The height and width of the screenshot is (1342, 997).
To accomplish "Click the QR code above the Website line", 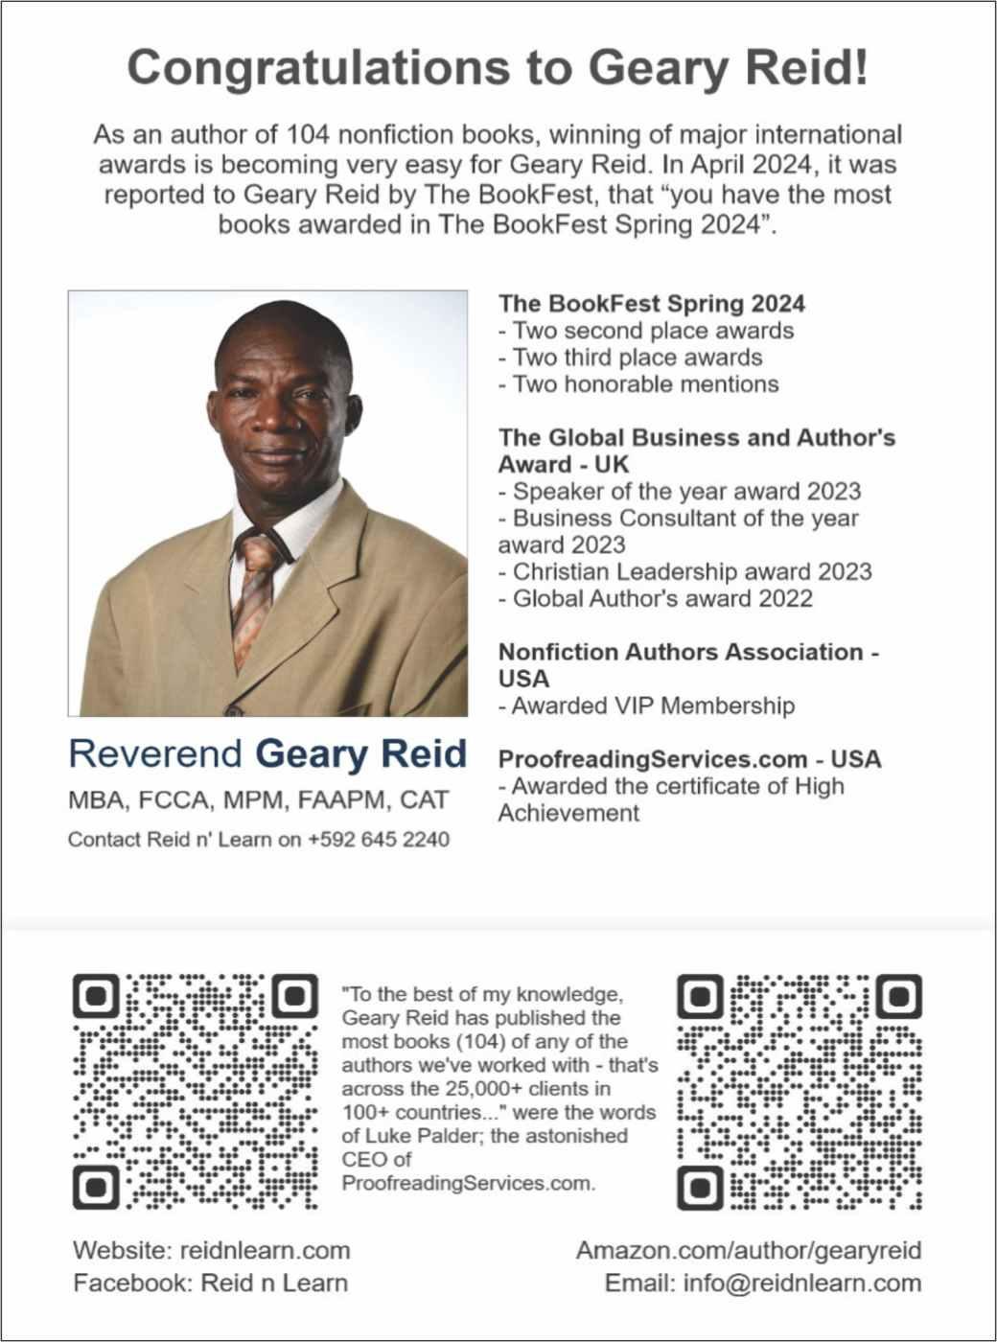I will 196,1091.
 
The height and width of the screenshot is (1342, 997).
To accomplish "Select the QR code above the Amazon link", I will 800,1091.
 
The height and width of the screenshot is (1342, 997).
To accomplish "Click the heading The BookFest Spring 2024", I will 651,304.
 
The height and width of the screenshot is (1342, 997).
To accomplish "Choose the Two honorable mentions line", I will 638,384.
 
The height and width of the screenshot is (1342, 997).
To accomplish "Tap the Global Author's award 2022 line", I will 656,599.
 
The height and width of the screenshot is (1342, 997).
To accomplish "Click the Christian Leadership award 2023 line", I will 685,572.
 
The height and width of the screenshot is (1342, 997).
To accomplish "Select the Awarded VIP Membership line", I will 647,706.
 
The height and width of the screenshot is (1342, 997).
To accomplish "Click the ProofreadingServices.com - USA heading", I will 689,759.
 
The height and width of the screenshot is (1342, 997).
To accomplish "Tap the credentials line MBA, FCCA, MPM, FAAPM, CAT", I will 258,800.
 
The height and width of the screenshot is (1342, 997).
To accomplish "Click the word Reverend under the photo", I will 155,754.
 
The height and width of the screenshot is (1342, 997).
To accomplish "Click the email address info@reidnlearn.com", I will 801,1284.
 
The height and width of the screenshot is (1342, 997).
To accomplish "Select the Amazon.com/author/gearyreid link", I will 749,1251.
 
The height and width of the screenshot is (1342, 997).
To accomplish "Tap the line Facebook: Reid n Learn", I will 211,1284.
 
